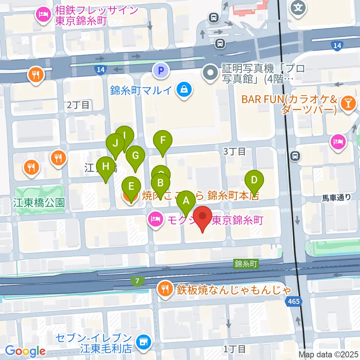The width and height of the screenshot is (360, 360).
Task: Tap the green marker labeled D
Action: click(x=254, y=180)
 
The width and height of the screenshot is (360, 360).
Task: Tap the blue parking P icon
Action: click(x=161, y=70)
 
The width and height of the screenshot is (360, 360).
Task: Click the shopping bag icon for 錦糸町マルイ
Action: click(x=184, y=90)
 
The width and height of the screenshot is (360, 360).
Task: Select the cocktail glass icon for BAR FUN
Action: click(x=348, y=104)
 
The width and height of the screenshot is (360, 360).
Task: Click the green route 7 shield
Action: click(x=138, y=280)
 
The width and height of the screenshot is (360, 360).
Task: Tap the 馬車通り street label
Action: click(x=336, y=197)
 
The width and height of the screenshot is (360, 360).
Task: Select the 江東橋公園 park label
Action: click(x=39, y=203)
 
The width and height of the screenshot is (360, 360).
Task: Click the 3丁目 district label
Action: click(x=234, y=151)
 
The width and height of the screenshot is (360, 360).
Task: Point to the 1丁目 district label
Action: click(x=234, y=349)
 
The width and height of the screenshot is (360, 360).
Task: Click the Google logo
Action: click(x=25, y=351)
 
